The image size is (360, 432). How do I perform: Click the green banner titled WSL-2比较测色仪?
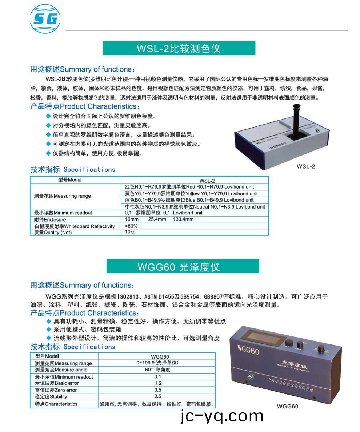coord(179,48)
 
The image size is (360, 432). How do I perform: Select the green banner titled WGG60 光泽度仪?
coord(183,267)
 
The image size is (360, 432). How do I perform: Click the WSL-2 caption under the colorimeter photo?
coord(305,166)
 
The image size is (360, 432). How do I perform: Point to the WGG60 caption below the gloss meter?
coord(287,406)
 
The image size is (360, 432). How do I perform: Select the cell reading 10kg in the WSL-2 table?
coord(130,232)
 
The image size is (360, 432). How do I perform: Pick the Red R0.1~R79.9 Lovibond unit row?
coord(194,187)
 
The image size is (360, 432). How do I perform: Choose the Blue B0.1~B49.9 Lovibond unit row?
coord(194,200)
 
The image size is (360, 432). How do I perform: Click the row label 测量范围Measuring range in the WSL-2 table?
coord(62,196)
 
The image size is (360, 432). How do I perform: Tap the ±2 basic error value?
coord(158,383)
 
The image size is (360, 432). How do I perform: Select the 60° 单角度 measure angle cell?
coord(157,370)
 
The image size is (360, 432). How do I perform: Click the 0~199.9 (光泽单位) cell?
coord(157,363)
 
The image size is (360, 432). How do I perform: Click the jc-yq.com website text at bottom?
coord(222,416)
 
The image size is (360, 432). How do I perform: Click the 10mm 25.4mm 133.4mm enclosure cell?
coord(159,219)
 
